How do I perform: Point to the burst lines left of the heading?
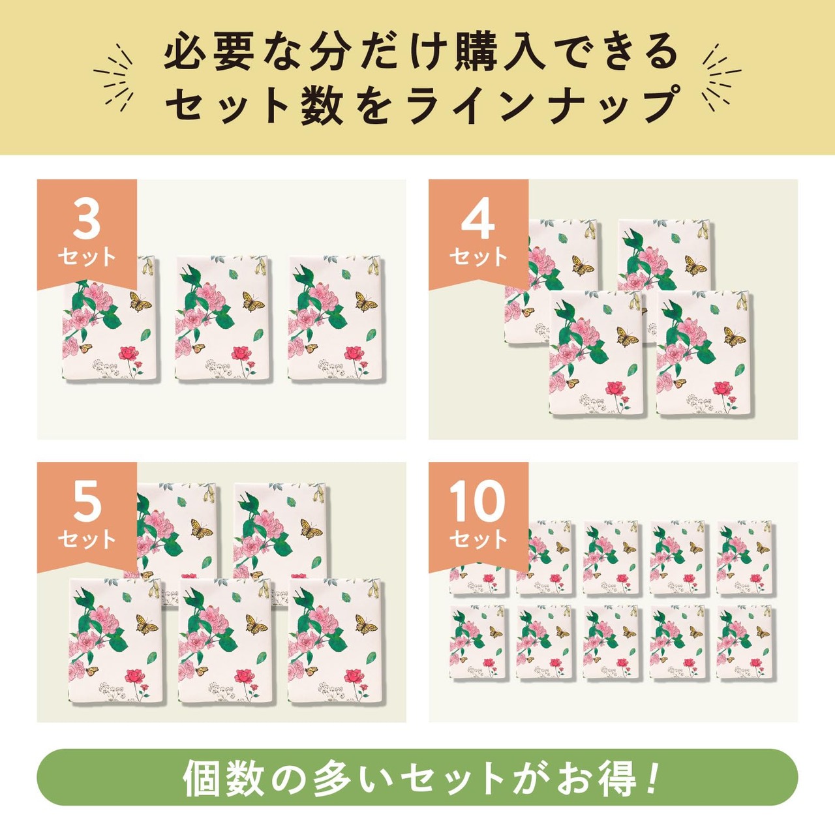114,78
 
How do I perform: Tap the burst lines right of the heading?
721,78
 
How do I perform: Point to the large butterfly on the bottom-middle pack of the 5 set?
257,625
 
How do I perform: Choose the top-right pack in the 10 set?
745,558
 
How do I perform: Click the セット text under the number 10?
478,539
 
